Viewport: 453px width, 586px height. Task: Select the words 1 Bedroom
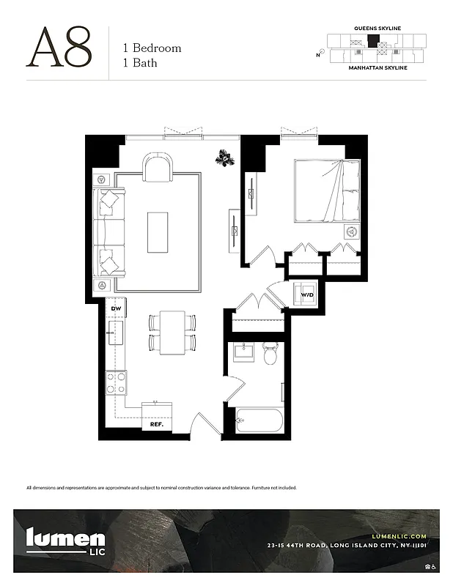(152, 48)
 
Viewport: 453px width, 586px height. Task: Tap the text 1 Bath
(140, 63)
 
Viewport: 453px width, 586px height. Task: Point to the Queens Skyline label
(377, 29)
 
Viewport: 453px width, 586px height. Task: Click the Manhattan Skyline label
(377, 67)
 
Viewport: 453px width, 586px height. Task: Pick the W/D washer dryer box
(306, 295)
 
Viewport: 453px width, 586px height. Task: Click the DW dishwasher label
(116, 309)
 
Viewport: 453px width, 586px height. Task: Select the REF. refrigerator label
(156, 424)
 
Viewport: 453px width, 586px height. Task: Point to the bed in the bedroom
(327, 190)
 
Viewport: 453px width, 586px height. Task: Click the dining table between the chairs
(172, 332)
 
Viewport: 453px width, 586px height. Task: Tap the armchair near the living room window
(158, 168)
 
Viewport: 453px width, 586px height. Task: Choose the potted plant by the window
(224, 157)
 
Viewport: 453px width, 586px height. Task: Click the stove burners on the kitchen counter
(117, 382)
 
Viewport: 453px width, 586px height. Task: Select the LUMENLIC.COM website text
(399, 536)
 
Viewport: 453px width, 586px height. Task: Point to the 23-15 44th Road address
(347, 546)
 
